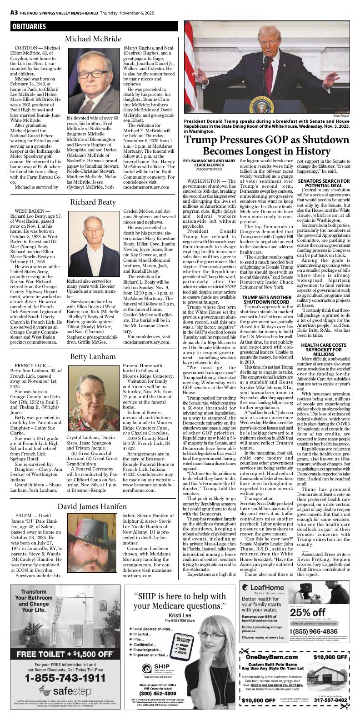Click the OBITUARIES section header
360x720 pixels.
(29, 27)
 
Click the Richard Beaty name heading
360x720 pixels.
(93, 202)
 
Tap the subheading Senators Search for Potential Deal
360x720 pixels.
(324, 183)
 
